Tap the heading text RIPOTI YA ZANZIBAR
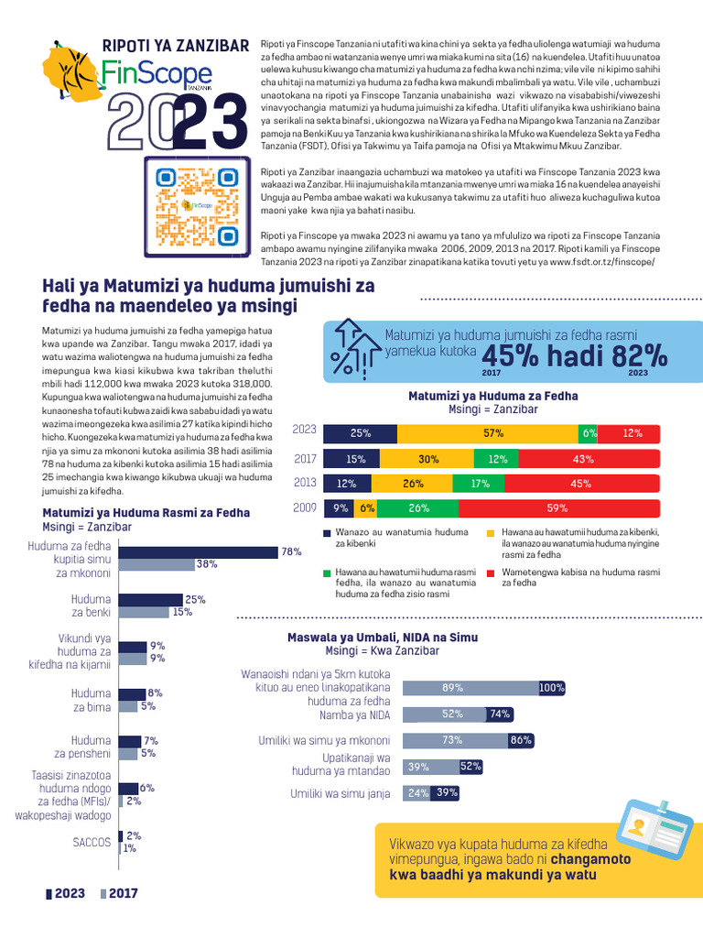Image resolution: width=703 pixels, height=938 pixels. (x=176, y=45)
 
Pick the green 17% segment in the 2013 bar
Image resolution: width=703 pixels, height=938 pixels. (x=479, y=483)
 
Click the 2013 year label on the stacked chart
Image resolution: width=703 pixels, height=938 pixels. (x=305, y=483)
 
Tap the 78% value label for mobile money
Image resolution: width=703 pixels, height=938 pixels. (x=292, y=551)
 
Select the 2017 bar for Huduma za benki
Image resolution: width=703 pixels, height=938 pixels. (x=151, y=612)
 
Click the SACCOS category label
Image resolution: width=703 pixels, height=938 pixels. (x=93, y=841)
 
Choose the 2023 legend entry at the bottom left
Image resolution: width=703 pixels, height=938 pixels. (x=65, y=894)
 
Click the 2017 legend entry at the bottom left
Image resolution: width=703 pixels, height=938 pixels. (x=119, y=894)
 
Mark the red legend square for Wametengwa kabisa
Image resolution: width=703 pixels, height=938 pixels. (x=492, y=573)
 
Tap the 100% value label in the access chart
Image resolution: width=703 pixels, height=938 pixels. (x=552, y=688)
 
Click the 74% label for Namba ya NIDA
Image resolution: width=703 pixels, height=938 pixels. (x=500, y=714)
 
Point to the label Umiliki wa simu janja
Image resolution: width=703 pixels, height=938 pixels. (x=341, y=793)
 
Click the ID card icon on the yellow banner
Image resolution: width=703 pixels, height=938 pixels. (x=654, y=831)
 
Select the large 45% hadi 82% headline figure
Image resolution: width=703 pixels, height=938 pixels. (x=574, y=355)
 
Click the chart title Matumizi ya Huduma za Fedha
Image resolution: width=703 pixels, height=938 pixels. (x=492, y=396)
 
